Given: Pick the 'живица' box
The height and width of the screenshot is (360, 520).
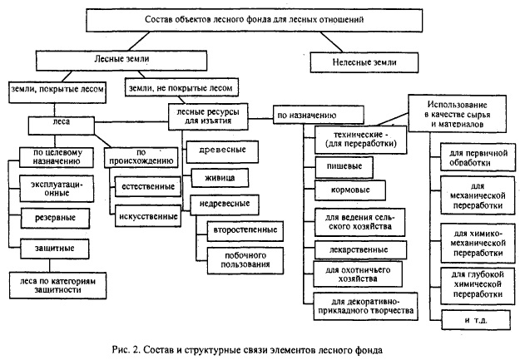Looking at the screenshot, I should pyautogui.click(x=213, y=177).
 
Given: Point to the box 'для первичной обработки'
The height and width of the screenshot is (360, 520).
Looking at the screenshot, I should pyautogui.click(x=472, y=159).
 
